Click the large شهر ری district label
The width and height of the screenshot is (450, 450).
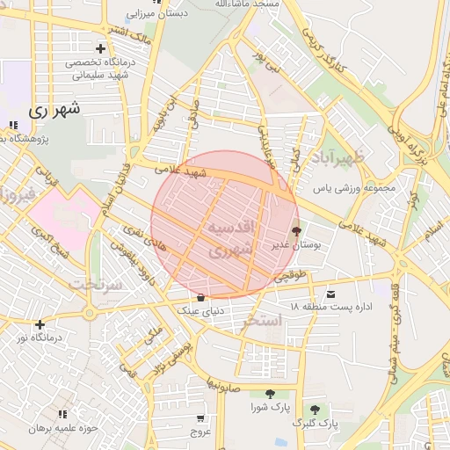coord(54,110)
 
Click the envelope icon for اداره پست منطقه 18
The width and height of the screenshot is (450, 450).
coord(330,293)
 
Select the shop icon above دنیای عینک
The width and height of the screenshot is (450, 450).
coord(201,296)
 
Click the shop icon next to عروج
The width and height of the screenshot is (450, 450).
coord(201,418)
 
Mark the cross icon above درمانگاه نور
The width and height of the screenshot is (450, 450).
coord(40,324)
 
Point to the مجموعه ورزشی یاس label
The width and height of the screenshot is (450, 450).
coord(356,187)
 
